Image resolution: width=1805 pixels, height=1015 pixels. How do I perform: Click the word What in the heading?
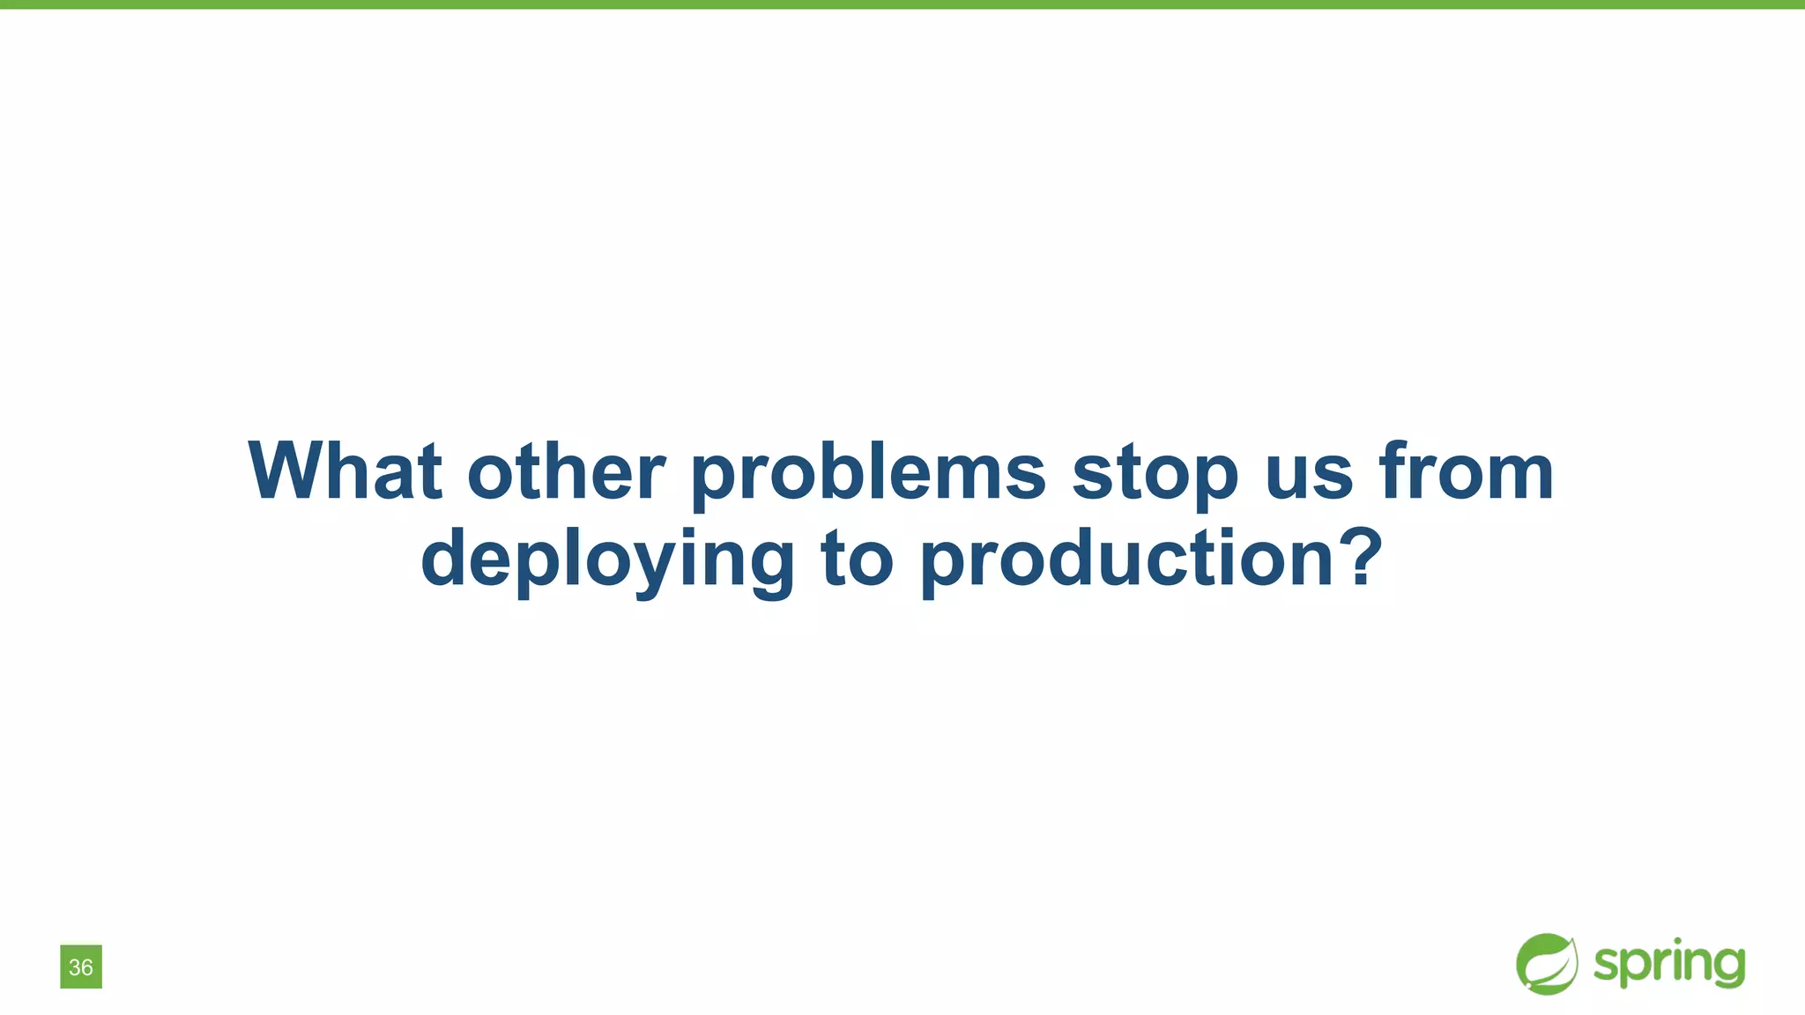tap(345, 471)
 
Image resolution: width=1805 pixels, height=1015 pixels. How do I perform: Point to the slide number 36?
tap(81, 967)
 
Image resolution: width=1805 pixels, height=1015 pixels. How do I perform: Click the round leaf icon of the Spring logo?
tap(1547, 964)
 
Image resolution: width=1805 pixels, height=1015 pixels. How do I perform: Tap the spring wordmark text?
tap(1669, 964)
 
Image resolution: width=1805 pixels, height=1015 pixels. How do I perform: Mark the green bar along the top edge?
tap(902, 4)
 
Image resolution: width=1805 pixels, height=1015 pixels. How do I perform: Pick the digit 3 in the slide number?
tap(75, 967)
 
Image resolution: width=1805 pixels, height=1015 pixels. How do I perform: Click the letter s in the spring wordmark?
tap(1606, 965)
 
